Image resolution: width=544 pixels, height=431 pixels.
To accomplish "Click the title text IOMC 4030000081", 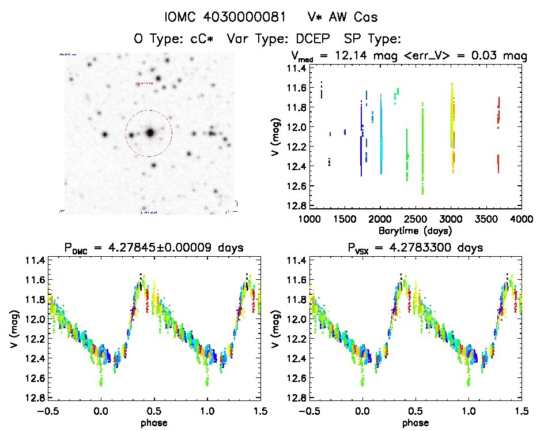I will [x=225, y=17].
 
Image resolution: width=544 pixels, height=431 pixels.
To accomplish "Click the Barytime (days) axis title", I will [x=415, y=230].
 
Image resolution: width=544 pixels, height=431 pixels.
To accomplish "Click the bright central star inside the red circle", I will [x=150, y=133].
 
